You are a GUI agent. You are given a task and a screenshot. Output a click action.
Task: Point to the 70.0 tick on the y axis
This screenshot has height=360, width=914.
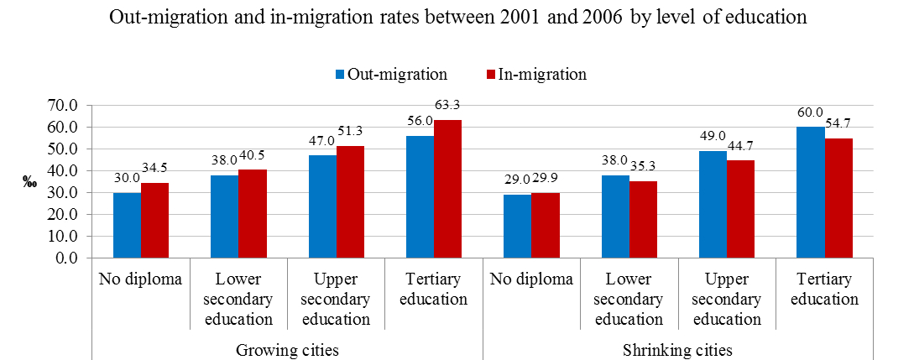coord(64,106)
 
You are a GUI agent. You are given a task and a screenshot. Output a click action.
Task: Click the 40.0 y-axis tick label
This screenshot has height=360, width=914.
coord(64,171)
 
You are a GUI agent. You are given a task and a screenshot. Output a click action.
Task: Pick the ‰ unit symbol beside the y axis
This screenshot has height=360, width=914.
coord(29,182)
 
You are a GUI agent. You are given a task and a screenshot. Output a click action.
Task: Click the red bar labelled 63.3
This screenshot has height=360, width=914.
coord(447,189)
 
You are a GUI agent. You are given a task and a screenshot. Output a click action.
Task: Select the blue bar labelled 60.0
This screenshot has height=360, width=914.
coord(811,192)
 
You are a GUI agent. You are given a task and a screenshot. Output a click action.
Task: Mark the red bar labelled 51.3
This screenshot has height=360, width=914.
coord(350,201)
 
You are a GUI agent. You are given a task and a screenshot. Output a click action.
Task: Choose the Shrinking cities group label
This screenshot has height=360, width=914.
coord(678,350)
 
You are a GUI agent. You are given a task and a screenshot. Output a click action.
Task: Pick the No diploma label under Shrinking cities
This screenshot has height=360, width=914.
coord(531,279)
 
